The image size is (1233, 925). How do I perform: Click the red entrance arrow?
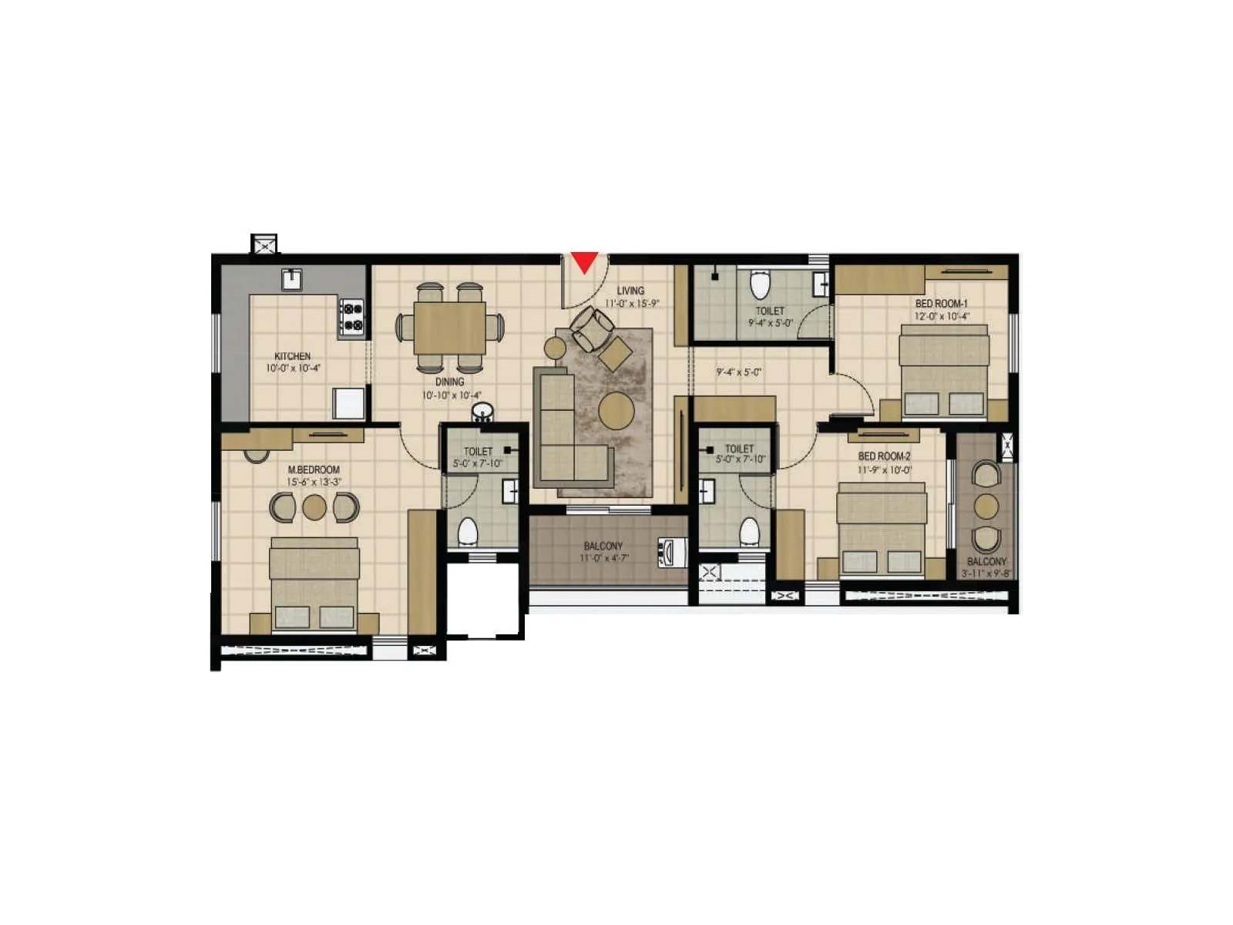point(585,262)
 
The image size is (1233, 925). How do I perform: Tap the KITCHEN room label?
point(293,356)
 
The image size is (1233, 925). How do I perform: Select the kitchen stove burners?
point(352,317)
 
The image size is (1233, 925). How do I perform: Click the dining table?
point(450,328)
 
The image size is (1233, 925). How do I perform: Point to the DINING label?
point(450,382)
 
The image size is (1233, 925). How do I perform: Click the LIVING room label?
point(630,291)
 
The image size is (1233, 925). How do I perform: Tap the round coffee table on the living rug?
point(616,411)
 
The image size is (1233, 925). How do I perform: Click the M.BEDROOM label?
point(314,469)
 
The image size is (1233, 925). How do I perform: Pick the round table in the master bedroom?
point(314,507)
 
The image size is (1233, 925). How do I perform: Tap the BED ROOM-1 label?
point(942,304)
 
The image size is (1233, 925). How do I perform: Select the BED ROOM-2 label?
point(885,456)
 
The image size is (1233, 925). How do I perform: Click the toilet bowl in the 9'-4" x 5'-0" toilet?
point(761,285)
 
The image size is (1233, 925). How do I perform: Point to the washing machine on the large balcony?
point(672,552)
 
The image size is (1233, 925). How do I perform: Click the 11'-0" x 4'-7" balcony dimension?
point(604,558)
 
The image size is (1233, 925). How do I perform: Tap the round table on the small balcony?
point(986,506)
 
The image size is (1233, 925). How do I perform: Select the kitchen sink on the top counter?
point(291,279)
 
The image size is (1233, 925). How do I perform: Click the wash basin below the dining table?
point(482,412)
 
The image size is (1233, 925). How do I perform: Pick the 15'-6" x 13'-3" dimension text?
point(314,482)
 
